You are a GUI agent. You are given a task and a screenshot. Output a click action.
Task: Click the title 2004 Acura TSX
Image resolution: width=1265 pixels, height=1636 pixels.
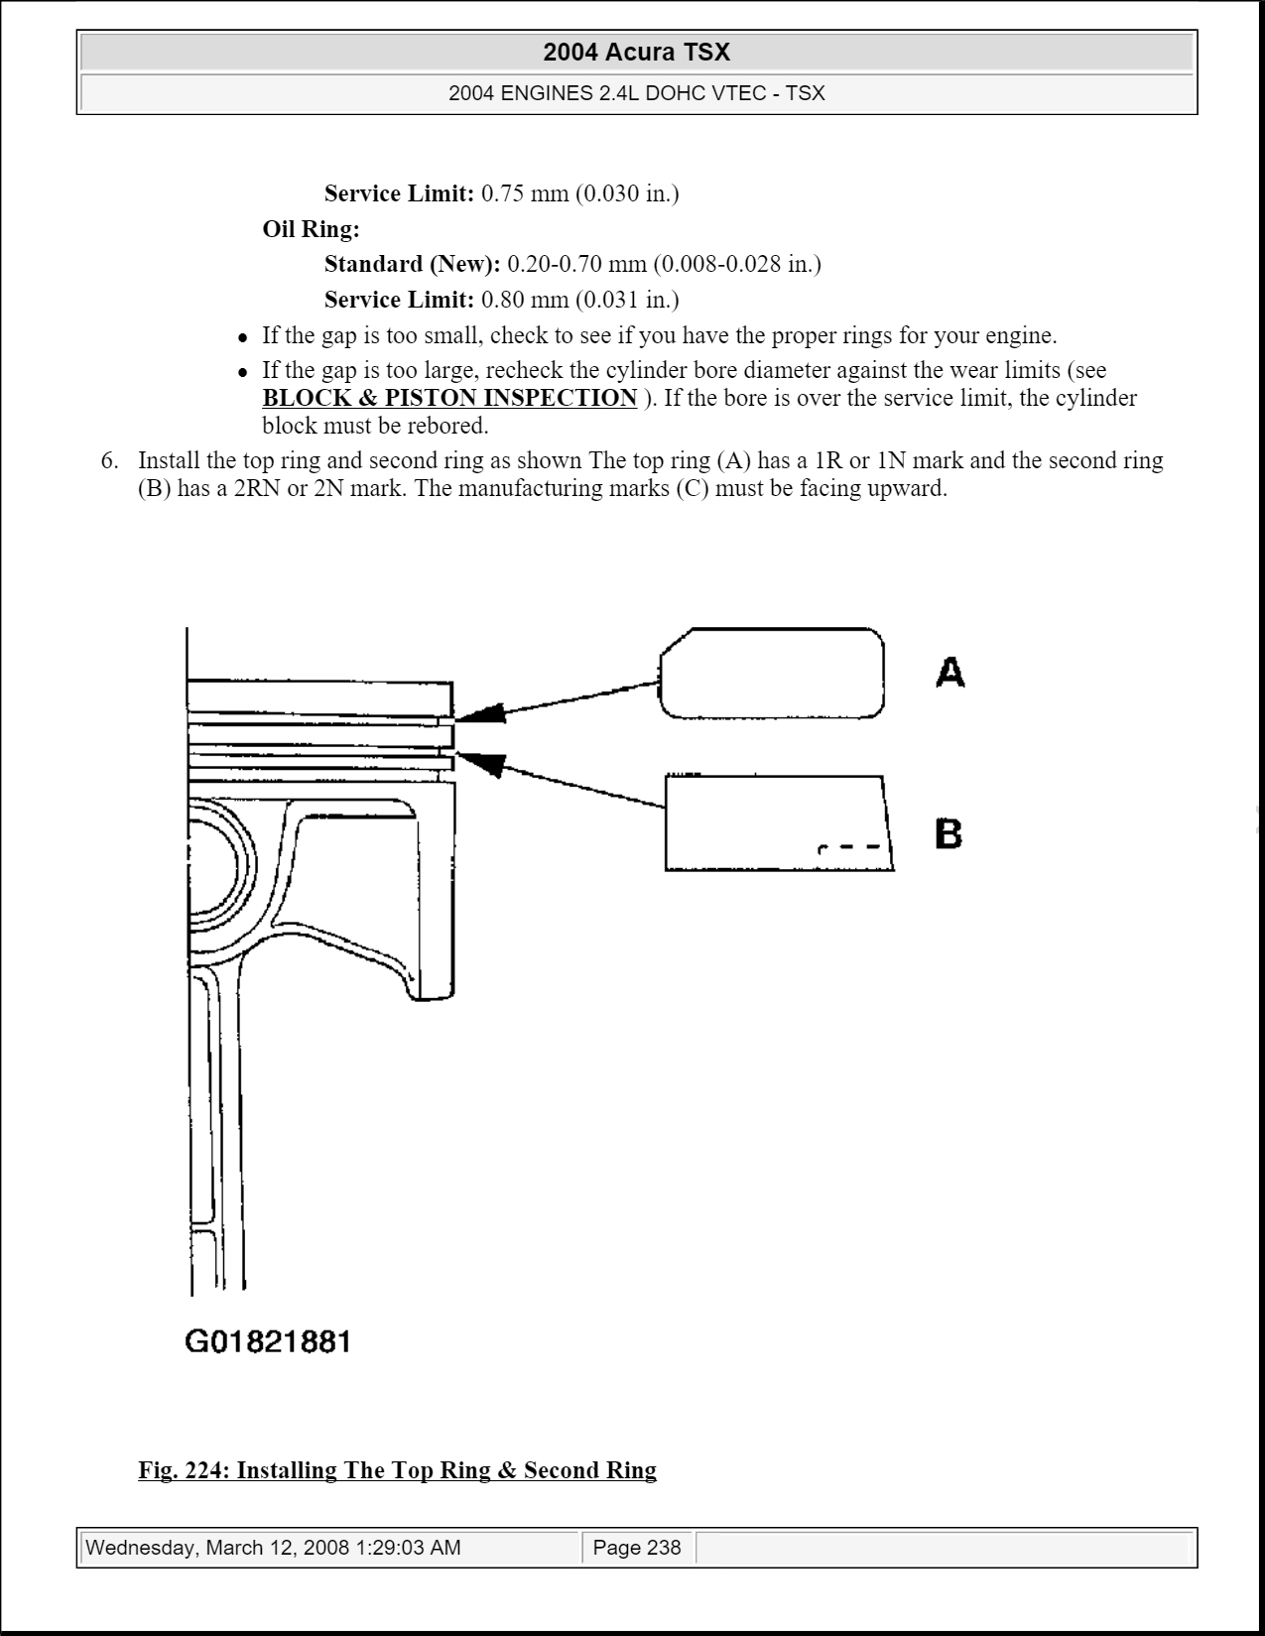click(636, 53)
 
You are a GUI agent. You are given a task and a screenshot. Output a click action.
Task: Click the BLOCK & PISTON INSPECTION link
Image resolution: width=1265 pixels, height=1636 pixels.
click(449, 398)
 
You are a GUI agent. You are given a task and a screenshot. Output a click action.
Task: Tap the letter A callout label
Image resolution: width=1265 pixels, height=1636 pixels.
click(949, 673)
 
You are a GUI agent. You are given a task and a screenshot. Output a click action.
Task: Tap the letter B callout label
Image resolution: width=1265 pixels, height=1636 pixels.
click(949, 833)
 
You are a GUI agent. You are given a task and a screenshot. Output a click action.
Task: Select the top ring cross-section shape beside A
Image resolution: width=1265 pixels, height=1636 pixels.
click(771, 673)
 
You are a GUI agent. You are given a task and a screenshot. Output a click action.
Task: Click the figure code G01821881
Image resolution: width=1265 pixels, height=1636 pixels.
click(268, 1342)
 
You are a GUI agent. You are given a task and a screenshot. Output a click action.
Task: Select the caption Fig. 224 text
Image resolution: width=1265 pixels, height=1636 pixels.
click(397, 1470)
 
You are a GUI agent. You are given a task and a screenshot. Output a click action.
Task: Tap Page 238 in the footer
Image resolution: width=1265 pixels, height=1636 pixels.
click(637, 1548)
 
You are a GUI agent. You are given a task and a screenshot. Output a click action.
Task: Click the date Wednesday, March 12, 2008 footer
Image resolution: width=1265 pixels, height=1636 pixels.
click(274, 1548)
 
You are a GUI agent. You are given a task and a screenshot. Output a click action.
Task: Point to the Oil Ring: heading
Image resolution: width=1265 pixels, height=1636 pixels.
click(311, 229)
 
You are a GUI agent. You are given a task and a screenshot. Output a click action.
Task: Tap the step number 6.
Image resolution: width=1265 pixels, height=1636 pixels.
click(109, 460)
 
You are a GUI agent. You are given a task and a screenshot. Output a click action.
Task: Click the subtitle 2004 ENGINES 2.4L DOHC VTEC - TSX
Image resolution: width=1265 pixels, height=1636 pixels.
click(636, 94)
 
